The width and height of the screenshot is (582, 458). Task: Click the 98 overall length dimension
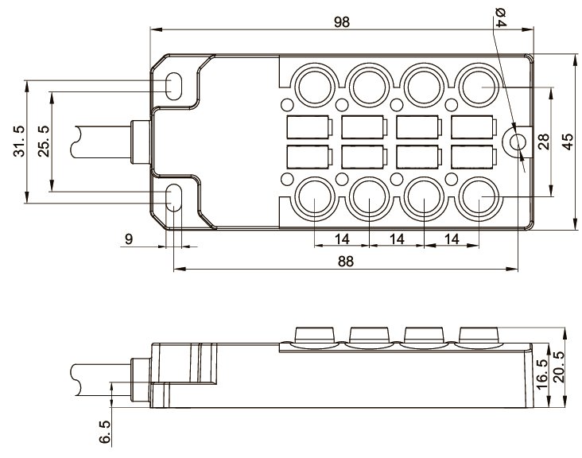pyautogui.click(x=342, y=22)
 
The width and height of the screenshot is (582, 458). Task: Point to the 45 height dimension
pyautogui.click(x=567, y=142)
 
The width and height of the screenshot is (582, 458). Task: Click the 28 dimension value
pyautogui.click(x=544, y=142)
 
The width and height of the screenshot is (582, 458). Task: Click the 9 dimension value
pyautogui.click(x=129, y=238)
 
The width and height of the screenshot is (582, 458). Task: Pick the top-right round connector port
pyautogui.click(x=479, y=83)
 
